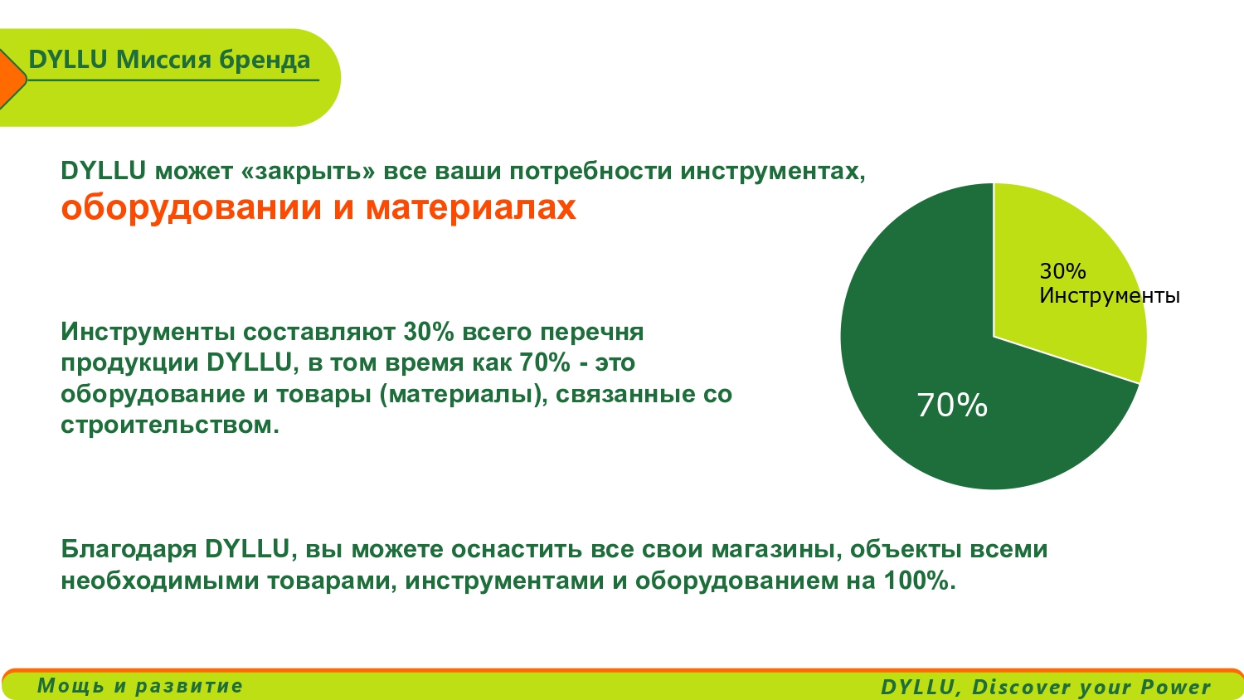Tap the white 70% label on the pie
pyautogui.click(x=952, y=405)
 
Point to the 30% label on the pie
pyautogui.click(x=1062, y=271)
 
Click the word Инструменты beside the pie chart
pyautogui.click(x=1109, y=295)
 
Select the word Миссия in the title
pyautogui.click(x=163, y=60)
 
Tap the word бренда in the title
pyautogui.click(x=265, y=60)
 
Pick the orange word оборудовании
pyautogui.click(x=191, y=208)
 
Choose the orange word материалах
pyautogui.click(x=471, y=208)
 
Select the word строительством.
pyautogui.click(x=170, y=425)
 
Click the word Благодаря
pyautogui.click(x=129, y=549)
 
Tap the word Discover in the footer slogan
pyautogui.click(x=1023, y=687)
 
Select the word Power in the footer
pyautogui.click(x=1176, y=687)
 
